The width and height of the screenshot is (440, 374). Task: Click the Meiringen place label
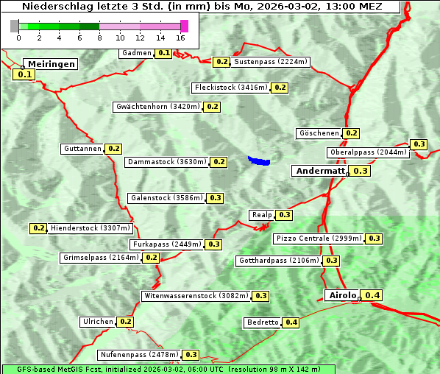[x=52, y=64]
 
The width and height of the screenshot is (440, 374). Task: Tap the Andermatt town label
[x=319, y=171]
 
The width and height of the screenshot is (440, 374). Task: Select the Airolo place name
[x=342, y=295]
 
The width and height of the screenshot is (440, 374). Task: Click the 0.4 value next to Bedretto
[x=291, y=322]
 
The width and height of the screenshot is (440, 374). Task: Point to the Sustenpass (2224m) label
[x=271, y=62]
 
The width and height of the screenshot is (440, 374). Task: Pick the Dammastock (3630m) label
[x=166, y=162]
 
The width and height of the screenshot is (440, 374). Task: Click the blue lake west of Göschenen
[x=259, y=160]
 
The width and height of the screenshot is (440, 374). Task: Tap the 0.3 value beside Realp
[x=285, y=215]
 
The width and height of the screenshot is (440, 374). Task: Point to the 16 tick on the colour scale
[x=180, y=38]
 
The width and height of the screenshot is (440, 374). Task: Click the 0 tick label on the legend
[x=18, y=38]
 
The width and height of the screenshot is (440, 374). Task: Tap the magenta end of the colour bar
[x=184, y=26]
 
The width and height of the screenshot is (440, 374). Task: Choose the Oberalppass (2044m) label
[x=368, y=153]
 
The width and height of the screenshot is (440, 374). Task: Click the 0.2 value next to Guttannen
[x=114, y=149]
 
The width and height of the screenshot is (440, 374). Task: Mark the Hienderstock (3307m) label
[x=79, y=228]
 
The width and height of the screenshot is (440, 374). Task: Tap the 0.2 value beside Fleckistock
[x=280, y=88]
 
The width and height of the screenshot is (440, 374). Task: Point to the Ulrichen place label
[x=98, y=322]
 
